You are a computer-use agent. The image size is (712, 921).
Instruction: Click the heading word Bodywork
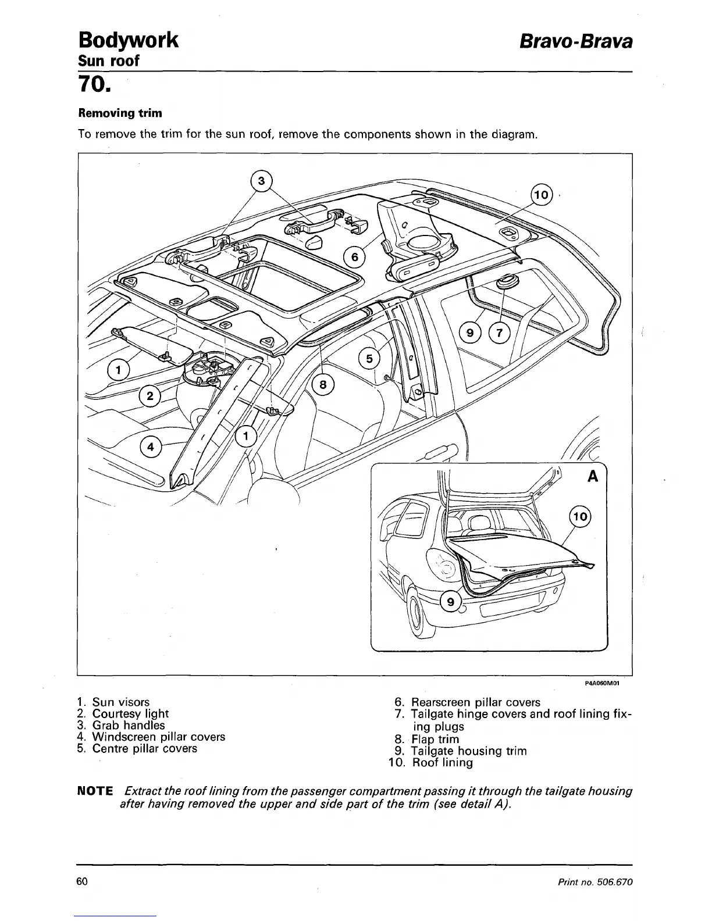[x=128, y=41]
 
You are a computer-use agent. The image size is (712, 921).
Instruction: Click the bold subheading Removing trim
[x=120, y=113]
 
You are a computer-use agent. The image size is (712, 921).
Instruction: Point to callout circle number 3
[x=262, y=181]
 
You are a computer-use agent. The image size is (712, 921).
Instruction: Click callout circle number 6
[x=354, y=256]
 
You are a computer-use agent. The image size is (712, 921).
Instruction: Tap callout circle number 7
[x=499, y=333]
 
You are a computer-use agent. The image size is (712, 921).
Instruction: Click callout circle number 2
[x=150, y=397]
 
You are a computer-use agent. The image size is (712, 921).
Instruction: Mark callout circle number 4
[x=151, y=447]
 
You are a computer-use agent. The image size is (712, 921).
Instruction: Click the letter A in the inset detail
[x=593, y=476]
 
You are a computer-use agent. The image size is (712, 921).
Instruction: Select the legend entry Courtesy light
[x=123, y=713]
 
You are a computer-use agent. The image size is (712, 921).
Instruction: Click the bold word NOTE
[x=95, y=791]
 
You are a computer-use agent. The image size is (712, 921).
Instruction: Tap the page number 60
[x=82, y=882]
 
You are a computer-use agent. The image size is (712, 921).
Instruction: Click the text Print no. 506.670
[x=594, y=883]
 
